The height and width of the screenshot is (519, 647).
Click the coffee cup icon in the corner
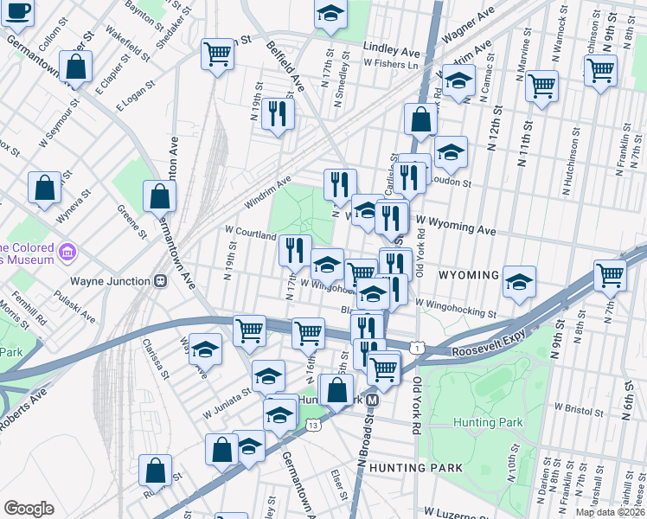[17, 13]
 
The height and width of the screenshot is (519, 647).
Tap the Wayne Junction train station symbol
[160, 280]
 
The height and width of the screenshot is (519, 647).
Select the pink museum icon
[68, 253]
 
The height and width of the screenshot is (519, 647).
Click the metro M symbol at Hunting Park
[372, 400]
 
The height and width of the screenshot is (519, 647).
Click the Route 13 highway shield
[313, 425]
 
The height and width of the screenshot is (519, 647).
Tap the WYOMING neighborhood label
[468, 275]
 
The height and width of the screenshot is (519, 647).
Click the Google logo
[29, 508]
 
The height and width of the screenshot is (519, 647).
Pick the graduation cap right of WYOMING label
[519, 282]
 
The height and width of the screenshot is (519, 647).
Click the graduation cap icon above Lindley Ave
[330, 14]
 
